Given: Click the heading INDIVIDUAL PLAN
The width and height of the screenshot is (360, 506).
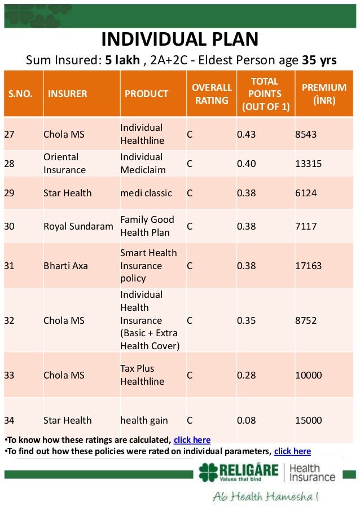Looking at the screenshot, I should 179,39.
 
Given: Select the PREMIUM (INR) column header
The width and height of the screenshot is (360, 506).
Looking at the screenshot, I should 324,94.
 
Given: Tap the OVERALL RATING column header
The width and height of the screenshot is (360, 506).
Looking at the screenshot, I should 212,94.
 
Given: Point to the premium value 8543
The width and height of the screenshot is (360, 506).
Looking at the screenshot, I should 306,134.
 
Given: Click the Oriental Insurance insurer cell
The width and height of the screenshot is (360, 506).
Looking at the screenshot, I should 64,163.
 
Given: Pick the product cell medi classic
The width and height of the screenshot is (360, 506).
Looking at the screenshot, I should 146,193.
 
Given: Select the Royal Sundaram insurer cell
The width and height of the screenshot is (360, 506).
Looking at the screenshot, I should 78,226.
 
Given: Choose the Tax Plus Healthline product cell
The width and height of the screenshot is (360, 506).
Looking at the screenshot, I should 142,375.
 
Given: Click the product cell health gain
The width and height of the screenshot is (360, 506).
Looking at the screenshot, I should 144,420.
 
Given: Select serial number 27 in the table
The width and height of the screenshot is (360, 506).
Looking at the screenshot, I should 10,134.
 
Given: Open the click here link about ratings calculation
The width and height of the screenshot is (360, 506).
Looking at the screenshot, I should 192,440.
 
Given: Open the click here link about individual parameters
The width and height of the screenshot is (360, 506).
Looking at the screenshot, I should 292,451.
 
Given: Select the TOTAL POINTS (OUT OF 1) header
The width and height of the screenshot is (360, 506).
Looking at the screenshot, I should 265,94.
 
